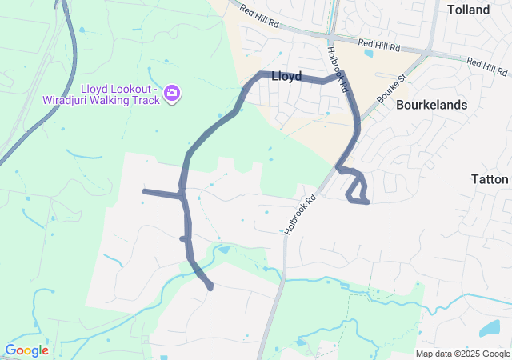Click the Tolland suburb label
coord(469,10)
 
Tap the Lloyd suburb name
coord(286,77)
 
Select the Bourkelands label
coord(431,105)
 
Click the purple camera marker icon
coord(171,94)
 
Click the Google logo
coord(26,350)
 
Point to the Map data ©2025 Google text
coord(462,354)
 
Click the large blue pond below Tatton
coord(490,327)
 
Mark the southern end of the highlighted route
coord(210,287)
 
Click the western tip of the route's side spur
coord(144,191)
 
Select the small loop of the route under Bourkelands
coord(357,190)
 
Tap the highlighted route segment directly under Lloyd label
coord(286,78)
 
